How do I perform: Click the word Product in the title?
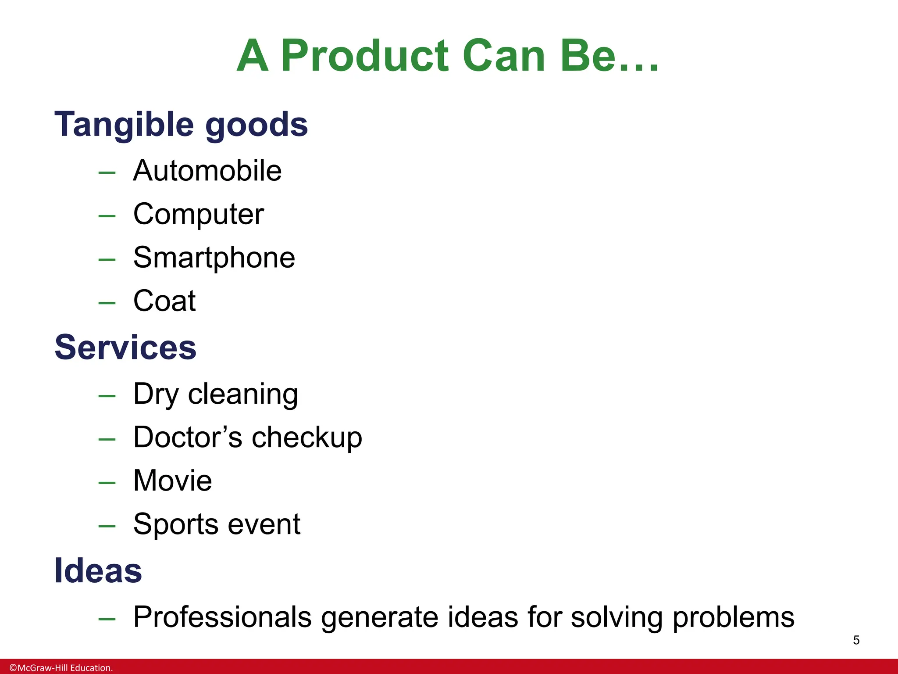365,56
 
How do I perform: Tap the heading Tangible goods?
181,125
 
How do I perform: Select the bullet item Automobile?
207,171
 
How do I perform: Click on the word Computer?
199,215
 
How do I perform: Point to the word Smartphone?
214,258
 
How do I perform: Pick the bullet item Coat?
164,301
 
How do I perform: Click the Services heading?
125,348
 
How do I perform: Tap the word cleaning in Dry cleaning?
243,394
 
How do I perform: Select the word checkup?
307,437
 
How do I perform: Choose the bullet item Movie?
172,480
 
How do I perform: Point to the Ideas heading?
98,571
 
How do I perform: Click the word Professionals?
222,617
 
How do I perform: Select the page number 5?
856,640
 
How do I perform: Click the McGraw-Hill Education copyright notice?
61,668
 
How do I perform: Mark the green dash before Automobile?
107,173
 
